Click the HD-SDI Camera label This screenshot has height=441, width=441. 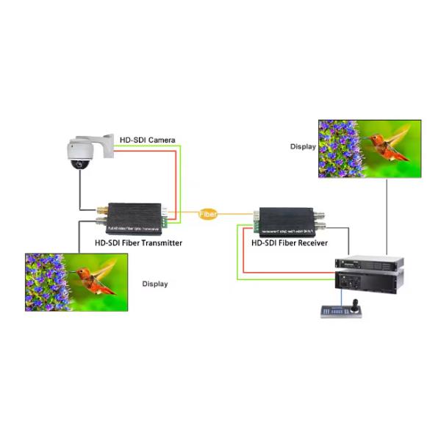(146, 140)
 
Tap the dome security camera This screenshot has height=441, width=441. (80, 154)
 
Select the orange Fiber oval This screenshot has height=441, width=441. (209, 214)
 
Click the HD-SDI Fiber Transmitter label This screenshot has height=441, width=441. (138, 243)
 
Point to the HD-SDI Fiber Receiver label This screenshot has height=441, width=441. (290, 243)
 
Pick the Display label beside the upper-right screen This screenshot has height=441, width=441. (303, 146)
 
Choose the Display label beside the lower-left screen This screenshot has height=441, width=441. (155, 284)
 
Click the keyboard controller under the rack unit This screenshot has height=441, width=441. (339, 311)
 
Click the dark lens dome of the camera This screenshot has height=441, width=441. (79, 164)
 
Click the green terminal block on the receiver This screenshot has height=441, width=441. (255, 218)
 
